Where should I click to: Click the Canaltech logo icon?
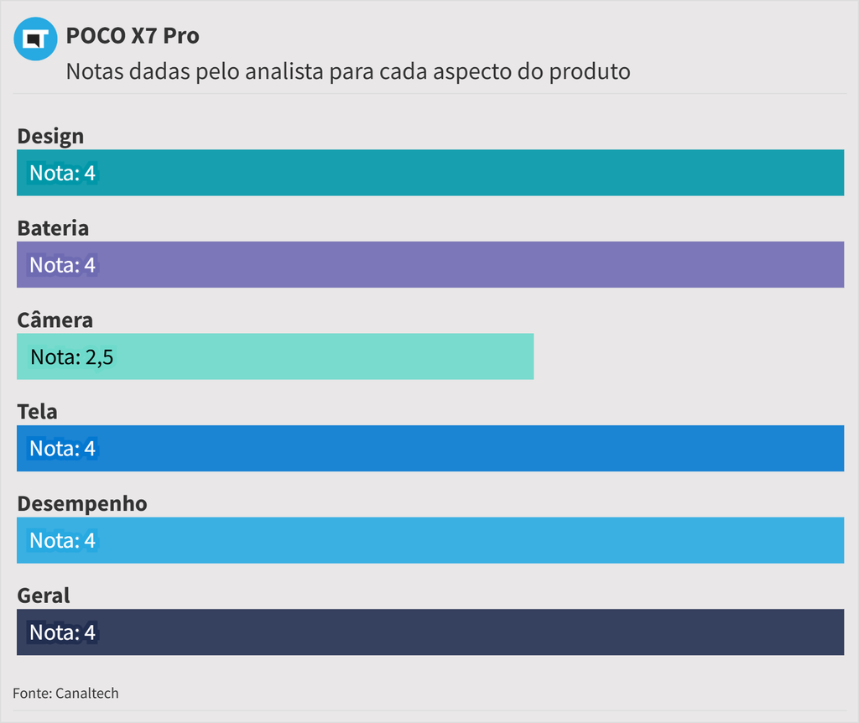(35, 39)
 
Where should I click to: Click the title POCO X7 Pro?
(133, 36)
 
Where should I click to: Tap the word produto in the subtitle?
(589, 71)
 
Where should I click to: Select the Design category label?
(50, 136)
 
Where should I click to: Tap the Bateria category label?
(53, 228)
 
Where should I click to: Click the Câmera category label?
(55, 320)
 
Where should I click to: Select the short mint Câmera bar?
(336, 356)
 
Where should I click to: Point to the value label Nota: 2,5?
(71, 357)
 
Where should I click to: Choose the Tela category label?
(37, 412)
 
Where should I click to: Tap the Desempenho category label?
(82, 503)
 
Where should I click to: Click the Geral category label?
(44, 596)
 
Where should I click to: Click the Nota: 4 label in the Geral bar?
(63, 632)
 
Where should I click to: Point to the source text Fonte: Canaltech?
(65, 694)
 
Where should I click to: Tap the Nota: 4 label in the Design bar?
(63, 174)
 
